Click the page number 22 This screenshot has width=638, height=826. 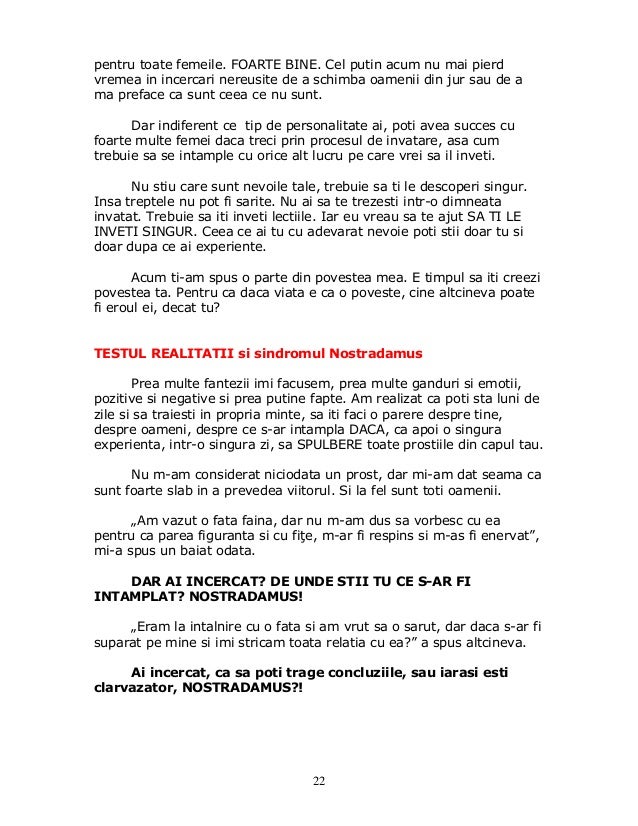coord(318,780)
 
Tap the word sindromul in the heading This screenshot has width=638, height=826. coord(290,354)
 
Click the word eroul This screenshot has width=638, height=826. coord(113,307)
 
